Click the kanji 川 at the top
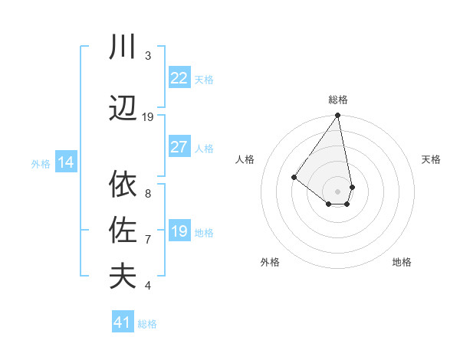pos(123,48)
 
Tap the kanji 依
pos(123,185)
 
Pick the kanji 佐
pos(123,230)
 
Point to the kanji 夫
pos(123,276)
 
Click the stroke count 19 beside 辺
pos(148,117)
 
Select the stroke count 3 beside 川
pos(148,56)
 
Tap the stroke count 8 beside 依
pos(148,194)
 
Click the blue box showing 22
pos(179,78)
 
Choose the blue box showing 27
pos(179,147)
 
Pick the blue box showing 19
pos(179,231)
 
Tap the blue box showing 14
pos(65,162)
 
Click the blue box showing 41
pos(123,322)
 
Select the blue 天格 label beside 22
pos(204,80)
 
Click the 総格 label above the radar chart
pos(338,100)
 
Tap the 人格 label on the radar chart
pos(245,159)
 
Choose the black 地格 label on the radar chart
pos(402,263)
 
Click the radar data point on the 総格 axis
pos(337,116)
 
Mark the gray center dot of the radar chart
pos(337,191)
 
